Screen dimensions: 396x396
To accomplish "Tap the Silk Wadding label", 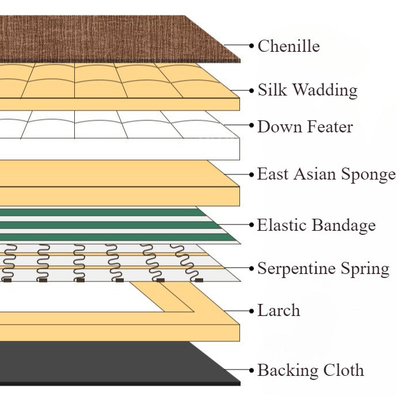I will click(x=307, y=90).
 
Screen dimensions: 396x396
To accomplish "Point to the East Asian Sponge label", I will click(x=326, y=174).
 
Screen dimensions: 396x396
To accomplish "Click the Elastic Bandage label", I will click(x=316, y=225).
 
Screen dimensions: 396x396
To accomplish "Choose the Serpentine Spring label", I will click(x=323, y=268).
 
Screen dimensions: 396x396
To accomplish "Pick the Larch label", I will click(x=279, y=311).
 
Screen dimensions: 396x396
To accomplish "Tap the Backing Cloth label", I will click(x=310, y=370).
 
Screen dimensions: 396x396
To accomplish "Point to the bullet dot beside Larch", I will click(x=251, y=311).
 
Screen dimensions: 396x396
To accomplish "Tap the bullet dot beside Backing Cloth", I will click(x=251, y=370).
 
